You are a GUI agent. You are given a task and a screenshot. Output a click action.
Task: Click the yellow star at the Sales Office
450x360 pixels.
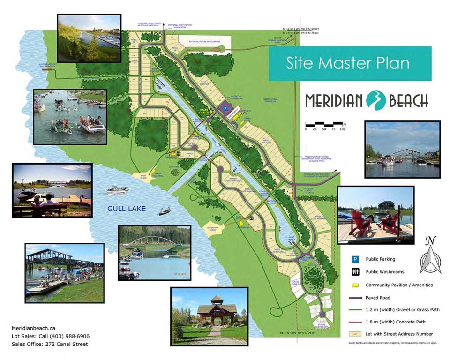coord(211,110)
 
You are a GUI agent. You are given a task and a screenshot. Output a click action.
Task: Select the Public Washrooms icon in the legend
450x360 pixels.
coord(356,271)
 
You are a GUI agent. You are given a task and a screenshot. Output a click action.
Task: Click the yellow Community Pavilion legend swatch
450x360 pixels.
coord(356,285)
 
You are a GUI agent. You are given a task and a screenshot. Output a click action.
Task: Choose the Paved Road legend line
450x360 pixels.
coord(356,298)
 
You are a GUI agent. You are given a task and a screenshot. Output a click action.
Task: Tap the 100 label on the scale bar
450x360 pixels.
coord(343,128)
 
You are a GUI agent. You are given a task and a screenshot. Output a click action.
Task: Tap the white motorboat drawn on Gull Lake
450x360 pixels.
coord(118,189)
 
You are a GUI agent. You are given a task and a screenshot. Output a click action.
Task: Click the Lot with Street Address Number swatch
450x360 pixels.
coord(356,334)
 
